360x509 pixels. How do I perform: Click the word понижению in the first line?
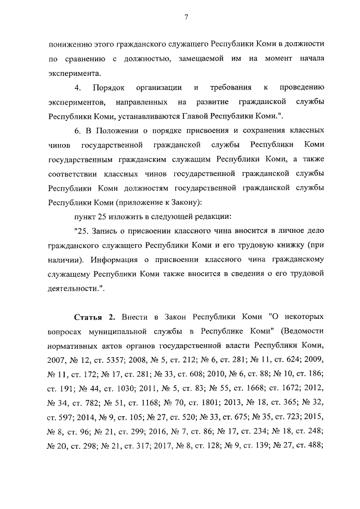[x=70, y=43]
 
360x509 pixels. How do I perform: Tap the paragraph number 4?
[x=79, y=88]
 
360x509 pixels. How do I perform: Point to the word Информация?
[x=114, y=260]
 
